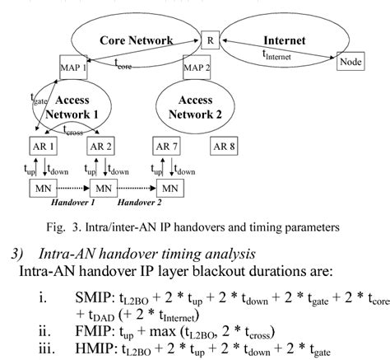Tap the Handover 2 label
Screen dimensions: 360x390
(x=140, y=203)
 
